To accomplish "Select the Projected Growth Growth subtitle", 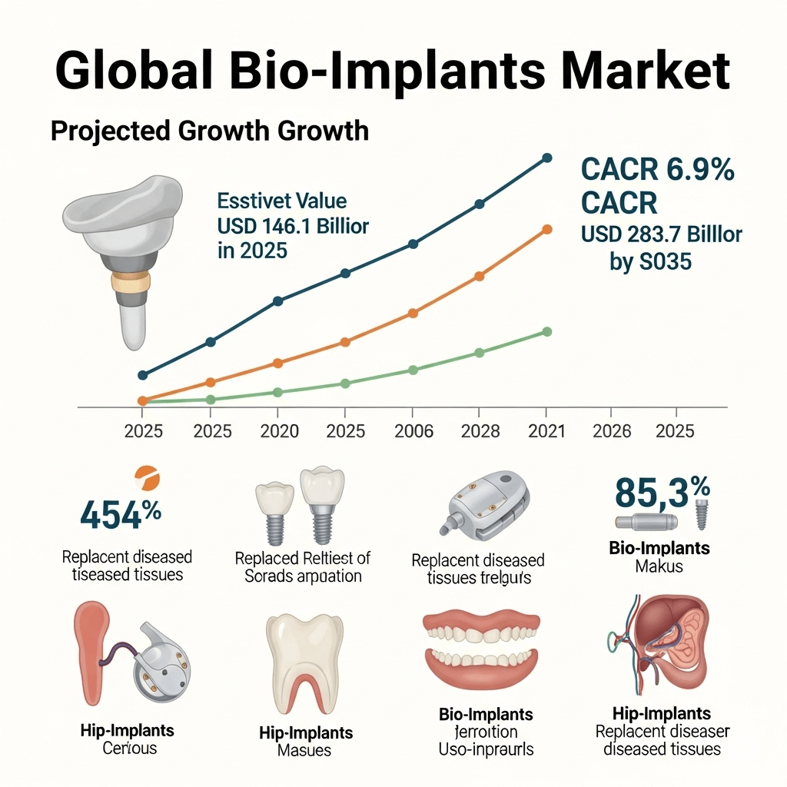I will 209,131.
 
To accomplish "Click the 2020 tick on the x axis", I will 280,430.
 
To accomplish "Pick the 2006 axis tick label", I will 413,430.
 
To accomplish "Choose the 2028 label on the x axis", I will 480,430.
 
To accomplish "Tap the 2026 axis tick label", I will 613,430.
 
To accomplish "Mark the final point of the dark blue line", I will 547,158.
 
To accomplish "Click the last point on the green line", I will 547,331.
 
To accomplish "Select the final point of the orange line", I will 547,229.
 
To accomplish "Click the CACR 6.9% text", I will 657,169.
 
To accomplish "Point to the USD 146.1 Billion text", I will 293,227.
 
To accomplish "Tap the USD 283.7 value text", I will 662,234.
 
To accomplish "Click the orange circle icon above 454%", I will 146,479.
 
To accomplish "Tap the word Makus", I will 659,566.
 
